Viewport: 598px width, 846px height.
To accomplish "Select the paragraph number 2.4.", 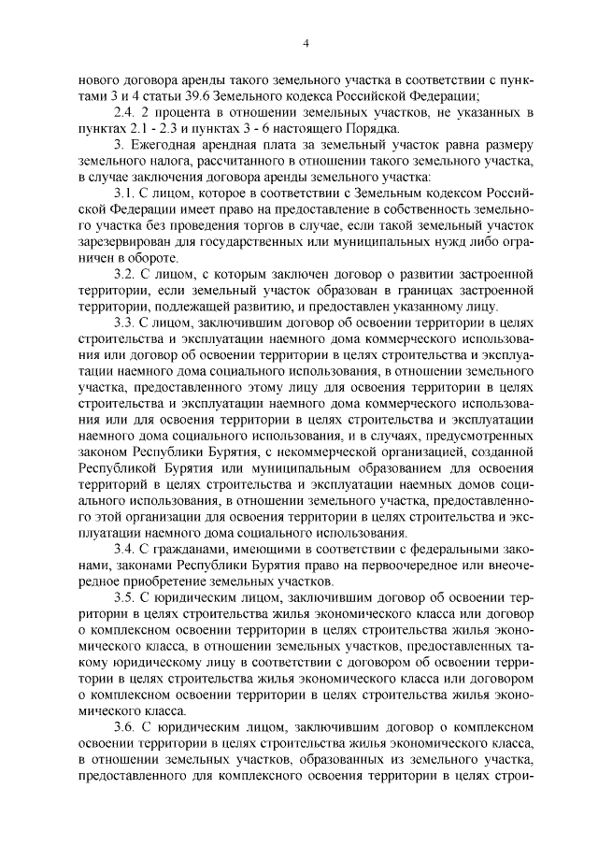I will coord(126,112).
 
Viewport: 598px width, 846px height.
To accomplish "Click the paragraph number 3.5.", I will coord(126,595).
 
